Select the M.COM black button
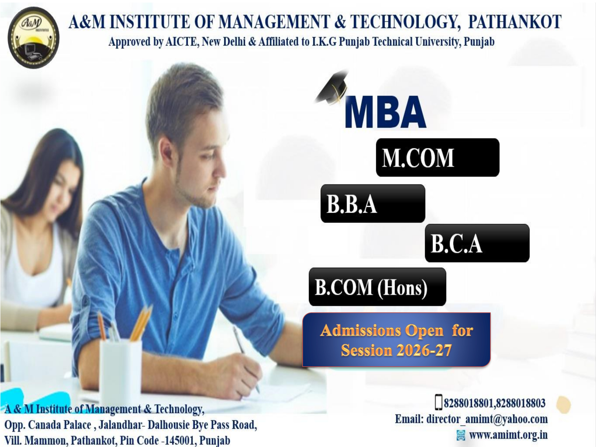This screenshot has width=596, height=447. tap(438, 158)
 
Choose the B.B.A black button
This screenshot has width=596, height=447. tap(373, 203)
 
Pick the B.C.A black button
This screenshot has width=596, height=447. tap(477, 243)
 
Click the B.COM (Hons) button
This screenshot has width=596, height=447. tap(377, 287)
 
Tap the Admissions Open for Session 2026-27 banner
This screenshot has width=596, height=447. tap(396, 340)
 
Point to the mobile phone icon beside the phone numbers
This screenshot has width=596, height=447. tap(439, 402)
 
